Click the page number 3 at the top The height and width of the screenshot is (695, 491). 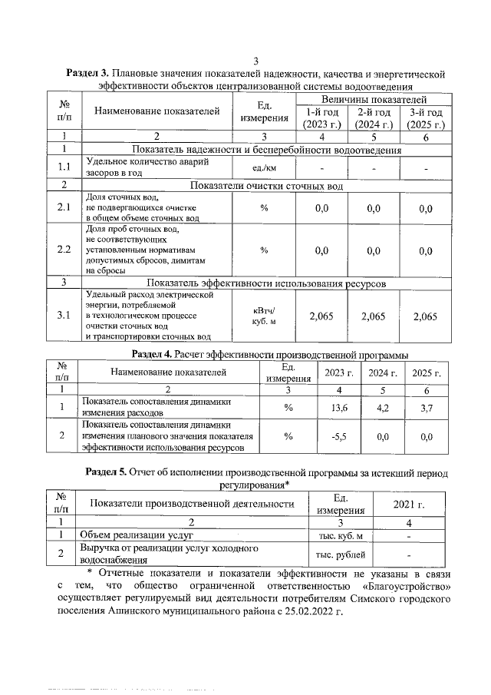[x=255, y=61]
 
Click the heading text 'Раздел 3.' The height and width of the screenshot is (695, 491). [x=90, y=74]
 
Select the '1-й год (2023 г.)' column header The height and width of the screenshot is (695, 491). [x=322, y=119]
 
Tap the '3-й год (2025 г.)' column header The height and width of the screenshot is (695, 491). [x=425, y=119]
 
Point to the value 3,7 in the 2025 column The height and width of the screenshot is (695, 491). [x=427, y=407]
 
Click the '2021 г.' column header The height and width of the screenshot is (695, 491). [x=408, y=505]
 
